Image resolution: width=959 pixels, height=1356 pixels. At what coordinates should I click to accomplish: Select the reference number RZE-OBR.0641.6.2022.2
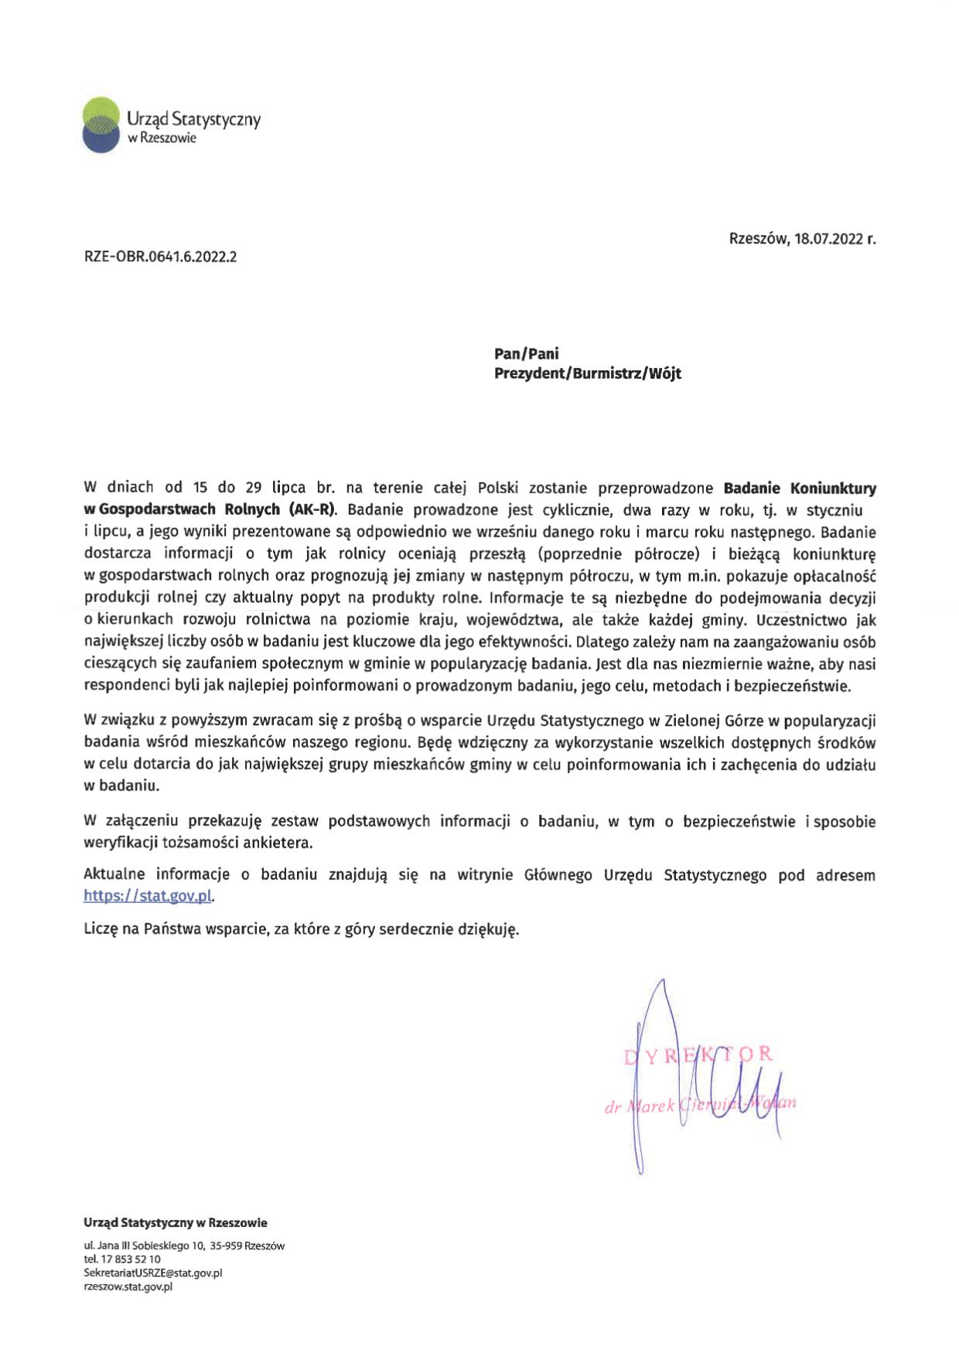coord(160,257)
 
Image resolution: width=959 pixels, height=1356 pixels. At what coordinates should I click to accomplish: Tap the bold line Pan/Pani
coord(527,354)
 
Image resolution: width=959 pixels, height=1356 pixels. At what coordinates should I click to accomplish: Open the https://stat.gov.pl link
coord(148,896)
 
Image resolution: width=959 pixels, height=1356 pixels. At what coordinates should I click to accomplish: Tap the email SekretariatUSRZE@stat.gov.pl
coord(152,1272)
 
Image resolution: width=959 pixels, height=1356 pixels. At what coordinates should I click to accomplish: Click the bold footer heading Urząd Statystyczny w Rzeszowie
coord(176,1223)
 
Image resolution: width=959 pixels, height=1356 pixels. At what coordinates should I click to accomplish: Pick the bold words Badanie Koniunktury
coord(800,489)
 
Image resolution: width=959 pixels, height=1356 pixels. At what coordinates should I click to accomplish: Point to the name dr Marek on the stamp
coord(640,1109)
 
